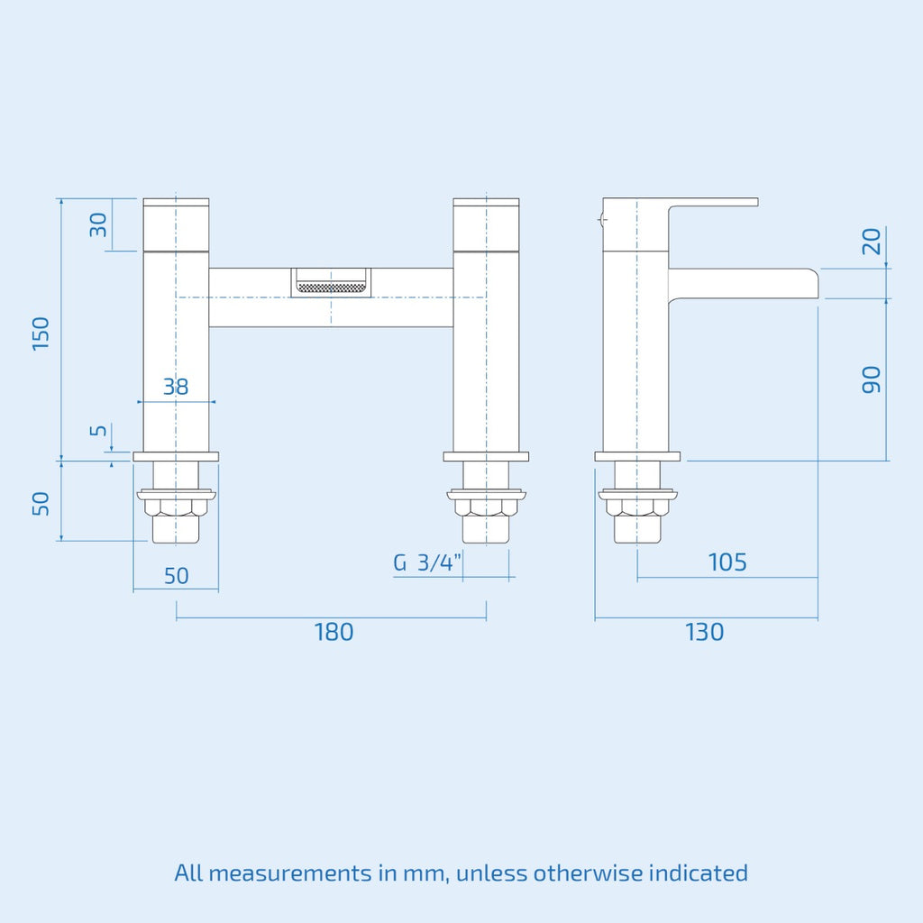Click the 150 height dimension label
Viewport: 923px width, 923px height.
click(41, 334)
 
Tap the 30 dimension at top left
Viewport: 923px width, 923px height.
click(98, 224)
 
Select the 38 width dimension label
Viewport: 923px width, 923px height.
click(176, 387)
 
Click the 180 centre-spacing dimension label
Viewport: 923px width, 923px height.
click(334, 632)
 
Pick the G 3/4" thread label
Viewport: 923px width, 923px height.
click(427, 563)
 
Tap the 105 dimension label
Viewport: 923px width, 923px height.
click(727, 562)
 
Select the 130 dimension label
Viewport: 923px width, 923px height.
click(704, 632)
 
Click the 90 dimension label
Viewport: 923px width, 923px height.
click(871, 379)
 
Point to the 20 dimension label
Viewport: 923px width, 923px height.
click(872, 241)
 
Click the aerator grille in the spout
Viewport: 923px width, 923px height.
click(331, 288)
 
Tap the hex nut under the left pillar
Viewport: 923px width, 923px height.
click(176, 507)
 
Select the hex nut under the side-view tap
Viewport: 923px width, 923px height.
click(637, 507)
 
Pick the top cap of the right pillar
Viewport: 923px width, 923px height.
click(486, 223)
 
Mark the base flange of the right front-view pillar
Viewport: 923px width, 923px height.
click(486, 456)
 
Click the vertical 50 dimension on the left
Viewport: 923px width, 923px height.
click(41, 502)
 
